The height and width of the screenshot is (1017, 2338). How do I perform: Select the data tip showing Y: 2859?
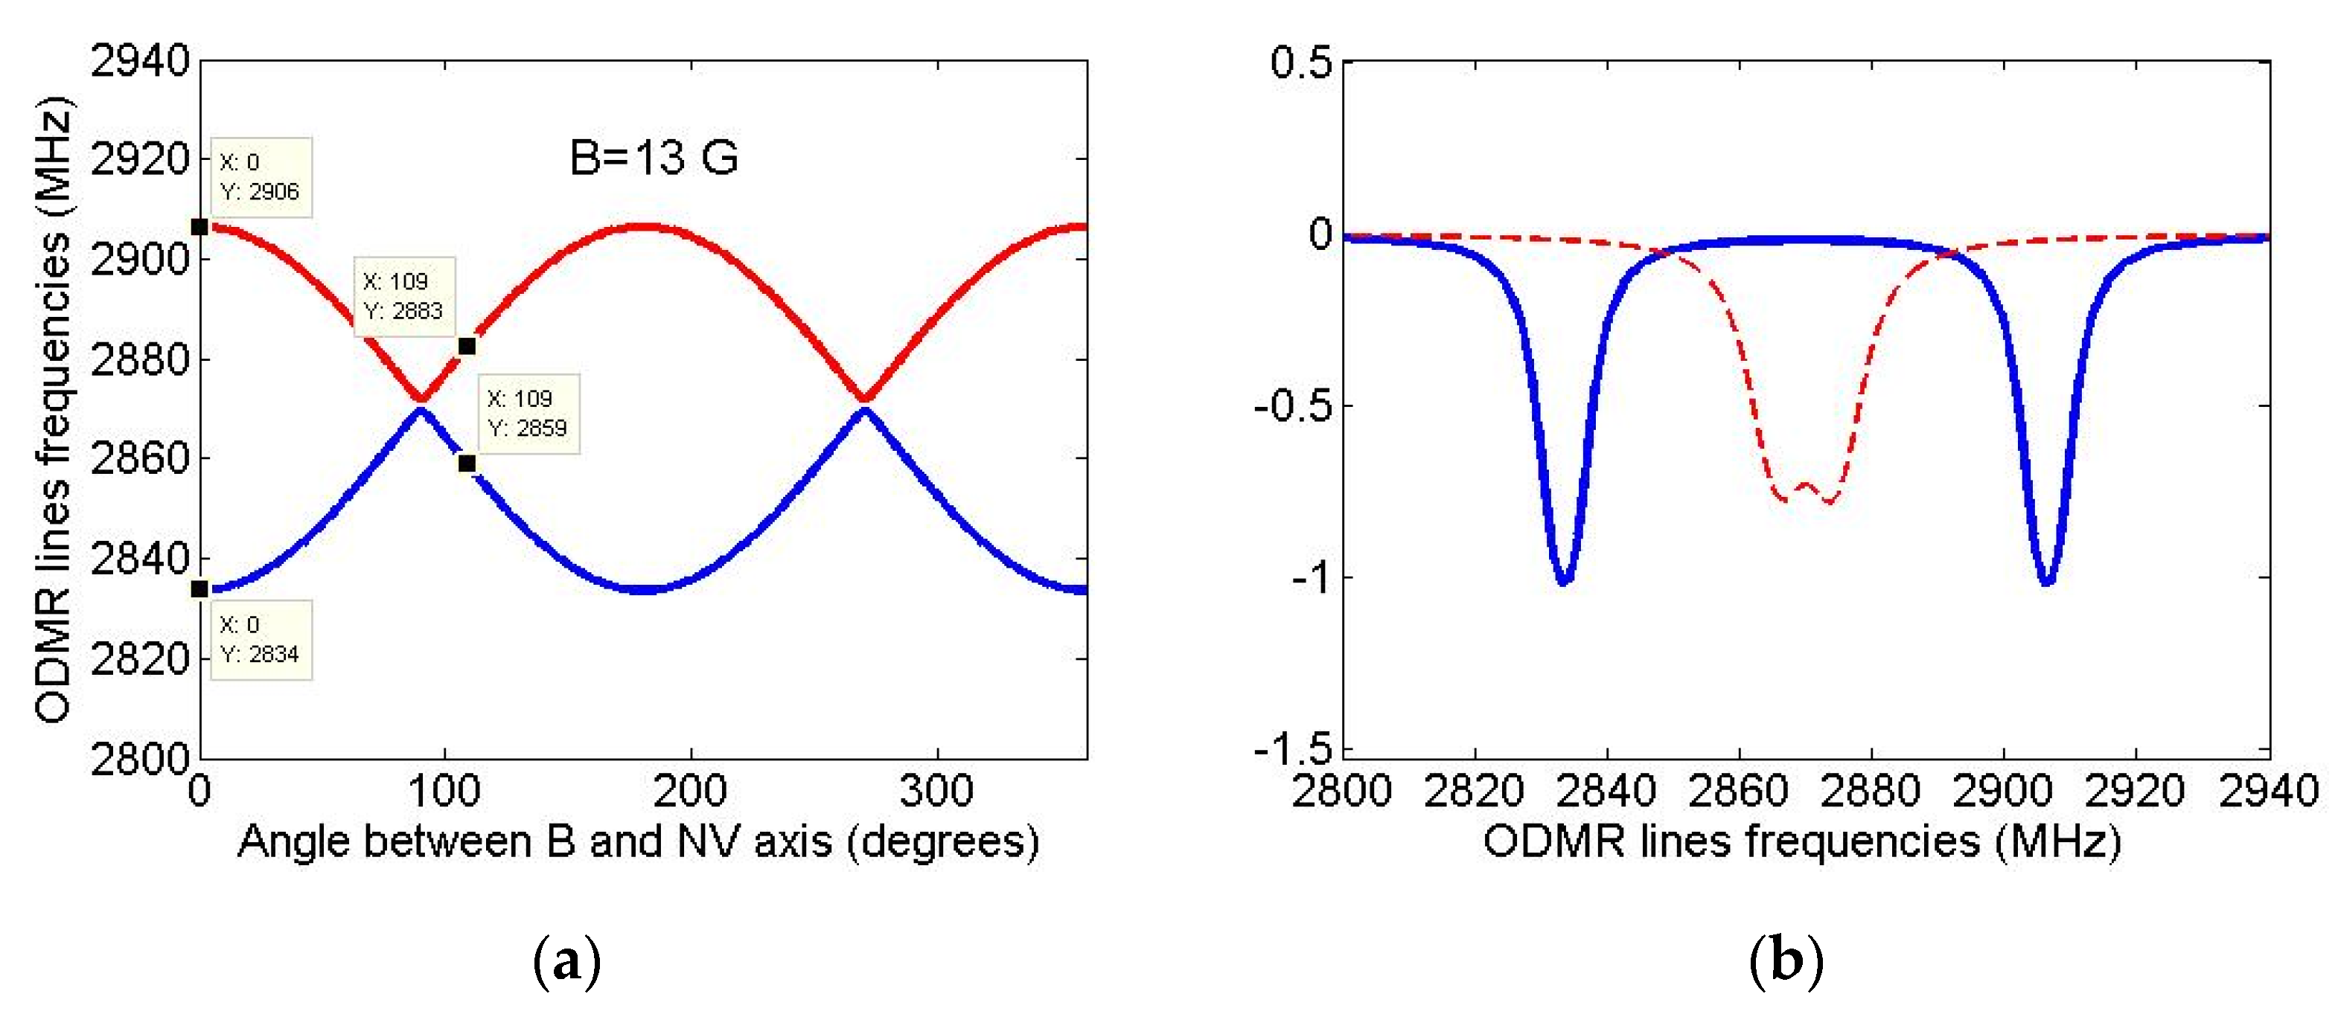(528, 414)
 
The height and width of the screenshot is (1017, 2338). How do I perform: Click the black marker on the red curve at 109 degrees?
(467, 347)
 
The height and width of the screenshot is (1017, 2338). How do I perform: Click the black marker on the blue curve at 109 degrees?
(467, 463)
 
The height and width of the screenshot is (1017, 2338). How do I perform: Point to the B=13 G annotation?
(654, 158)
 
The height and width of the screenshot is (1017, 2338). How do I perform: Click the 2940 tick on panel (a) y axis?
(140, 61)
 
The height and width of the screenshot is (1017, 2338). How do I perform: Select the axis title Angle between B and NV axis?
(638, 842)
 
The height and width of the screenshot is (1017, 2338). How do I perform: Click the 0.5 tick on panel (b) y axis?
(1300, 62)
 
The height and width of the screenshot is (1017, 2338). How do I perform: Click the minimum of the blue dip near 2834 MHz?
(1564, 582)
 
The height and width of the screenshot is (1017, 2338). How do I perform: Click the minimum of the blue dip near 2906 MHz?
(2047, 582)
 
